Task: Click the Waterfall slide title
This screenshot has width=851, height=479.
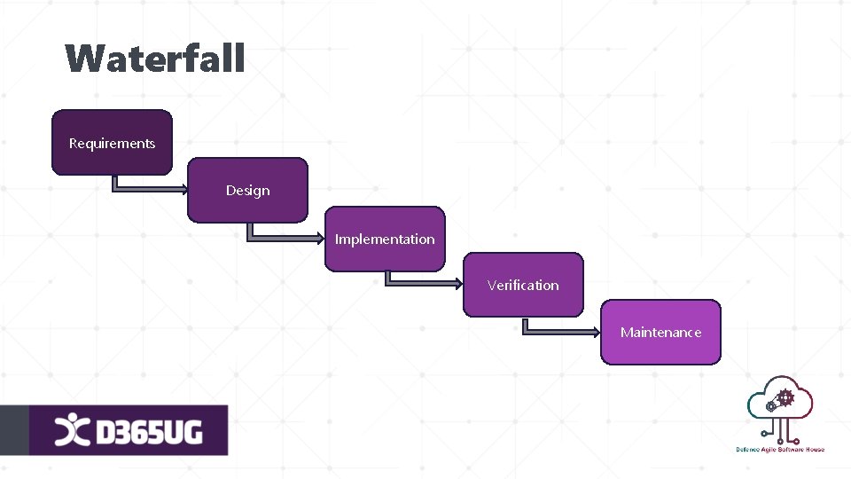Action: point(154,59)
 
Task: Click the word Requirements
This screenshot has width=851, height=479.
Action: point(112,144)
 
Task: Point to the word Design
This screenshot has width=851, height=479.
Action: point(247,191)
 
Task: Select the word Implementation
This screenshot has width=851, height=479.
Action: point(385,239)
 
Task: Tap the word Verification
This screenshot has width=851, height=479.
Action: point(523,286)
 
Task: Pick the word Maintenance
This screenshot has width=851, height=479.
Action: point(660,333)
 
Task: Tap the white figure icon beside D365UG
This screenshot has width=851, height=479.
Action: point(72,431)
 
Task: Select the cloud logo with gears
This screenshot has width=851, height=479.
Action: point(780,406)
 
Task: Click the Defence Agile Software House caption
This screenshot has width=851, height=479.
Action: point(780,450)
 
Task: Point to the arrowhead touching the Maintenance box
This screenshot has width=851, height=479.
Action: point(596,332)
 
